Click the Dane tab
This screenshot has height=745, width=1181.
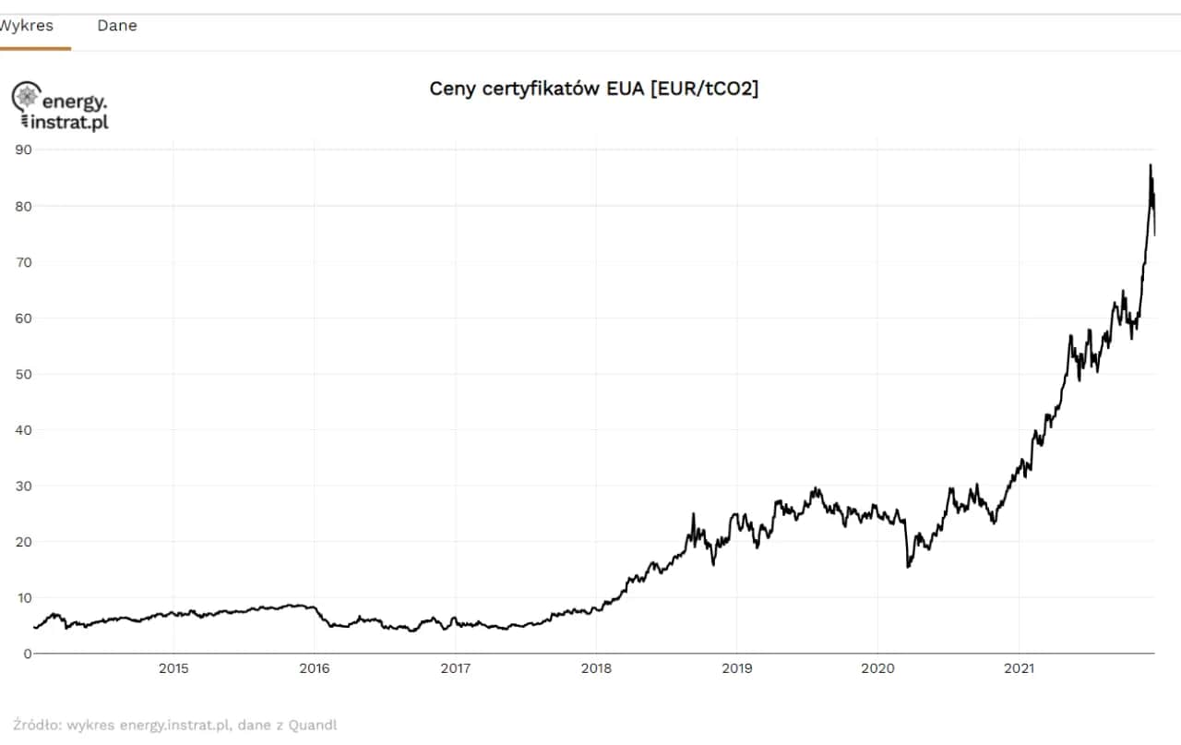point(117,26)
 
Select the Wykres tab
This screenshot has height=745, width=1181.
point(27,26)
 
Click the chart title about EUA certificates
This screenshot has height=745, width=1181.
point(594,89)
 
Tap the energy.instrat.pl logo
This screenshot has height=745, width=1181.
point(60,106)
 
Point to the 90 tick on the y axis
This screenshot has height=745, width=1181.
point(23,150)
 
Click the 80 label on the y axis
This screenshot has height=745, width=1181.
point(23,206)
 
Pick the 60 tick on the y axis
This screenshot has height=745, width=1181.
point(23,318)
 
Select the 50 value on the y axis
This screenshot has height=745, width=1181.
point(23,374)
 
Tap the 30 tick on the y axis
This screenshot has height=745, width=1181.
point(23,486)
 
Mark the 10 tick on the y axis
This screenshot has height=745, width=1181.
point(23,597)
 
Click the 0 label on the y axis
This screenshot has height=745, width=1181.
point(27,654)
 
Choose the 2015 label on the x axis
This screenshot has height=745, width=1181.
point(173,668)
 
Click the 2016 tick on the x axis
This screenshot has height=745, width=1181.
point(314,668)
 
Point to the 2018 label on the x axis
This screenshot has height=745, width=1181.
point(596,668)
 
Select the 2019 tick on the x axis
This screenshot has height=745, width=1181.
point(736,668)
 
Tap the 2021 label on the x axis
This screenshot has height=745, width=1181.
point(1019,668)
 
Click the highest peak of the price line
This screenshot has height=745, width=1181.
point(1151,165)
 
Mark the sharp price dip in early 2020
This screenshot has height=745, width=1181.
point(908,566)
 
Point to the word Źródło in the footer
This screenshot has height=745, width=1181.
point(35,726)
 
